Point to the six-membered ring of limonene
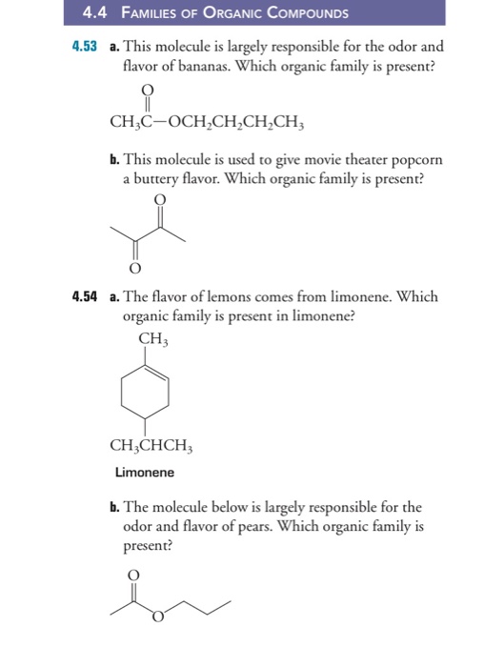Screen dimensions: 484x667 (x=145, y=392)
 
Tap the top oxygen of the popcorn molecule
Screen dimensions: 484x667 (x=158, y=199)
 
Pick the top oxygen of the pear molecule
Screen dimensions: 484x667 (x=133, y=574)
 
